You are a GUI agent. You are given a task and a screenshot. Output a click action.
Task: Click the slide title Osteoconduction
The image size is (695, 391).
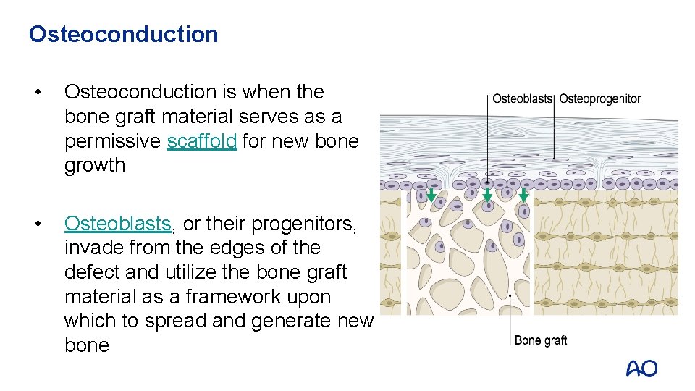[123, 34]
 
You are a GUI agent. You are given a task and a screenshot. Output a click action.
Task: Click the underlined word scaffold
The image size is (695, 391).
[201, 140]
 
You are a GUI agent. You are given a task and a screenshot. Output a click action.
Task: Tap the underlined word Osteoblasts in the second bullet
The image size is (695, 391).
[118, 224]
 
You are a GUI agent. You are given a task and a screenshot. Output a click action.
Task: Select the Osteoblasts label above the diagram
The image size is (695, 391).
[522, 98]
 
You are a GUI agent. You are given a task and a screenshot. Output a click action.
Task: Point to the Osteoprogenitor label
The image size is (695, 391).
[599, 98]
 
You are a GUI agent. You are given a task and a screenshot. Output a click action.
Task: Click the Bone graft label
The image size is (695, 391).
[540, 340]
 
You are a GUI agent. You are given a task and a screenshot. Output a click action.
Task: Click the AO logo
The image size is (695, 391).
[641, 369]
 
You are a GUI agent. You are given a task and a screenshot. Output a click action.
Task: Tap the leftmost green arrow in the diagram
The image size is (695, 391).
[431, 195]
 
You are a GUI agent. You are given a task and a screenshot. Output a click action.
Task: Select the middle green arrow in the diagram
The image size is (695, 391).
[487, 195]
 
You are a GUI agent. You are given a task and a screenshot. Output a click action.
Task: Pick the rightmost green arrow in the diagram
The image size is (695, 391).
[523, 195]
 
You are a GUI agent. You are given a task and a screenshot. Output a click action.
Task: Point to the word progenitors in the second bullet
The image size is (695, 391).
[313, 224]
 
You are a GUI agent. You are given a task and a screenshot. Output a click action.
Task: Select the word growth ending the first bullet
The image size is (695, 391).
[94, 165]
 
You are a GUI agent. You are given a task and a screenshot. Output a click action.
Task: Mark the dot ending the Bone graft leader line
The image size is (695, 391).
[510, 295]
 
